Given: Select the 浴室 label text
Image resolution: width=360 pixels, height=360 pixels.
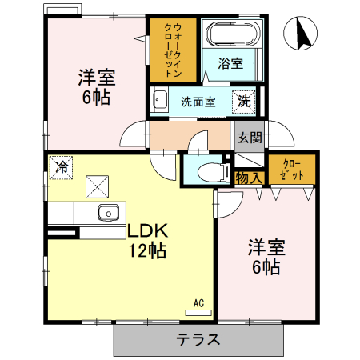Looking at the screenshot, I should coord(231,64).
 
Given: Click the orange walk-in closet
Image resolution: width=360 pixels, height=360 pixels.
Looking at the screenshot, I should coord(170,50).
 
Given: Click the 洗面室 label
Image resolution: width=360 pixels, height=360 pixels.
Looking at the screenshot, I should coord(197,102).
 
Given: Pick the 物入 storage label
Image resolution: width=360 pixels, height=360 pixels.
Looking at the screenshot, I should coord(248,178).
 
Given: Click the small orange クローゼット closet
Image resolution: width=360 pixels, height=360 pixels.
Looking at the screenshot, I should coord(290,169).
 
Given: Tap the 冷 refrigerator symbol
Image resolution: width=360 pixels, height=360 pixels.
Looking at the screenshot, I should coord(61,168).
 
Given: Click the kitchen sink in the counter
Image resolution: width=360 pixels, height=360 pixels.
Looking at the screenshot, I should coord(108,212).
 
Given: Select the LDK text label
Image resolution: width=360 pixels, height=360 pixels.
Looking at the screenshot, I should coord(147,231).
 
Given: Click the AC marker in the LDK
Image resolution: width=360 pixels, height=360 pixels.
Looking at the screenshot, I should coord(199,303).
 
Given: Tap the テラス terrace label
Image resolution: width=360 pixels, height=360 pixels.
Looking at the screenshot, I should coord(198,338).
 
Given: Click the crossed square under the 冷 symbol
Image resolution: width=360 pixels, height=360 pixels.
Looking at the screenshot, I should coord(97,187).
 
